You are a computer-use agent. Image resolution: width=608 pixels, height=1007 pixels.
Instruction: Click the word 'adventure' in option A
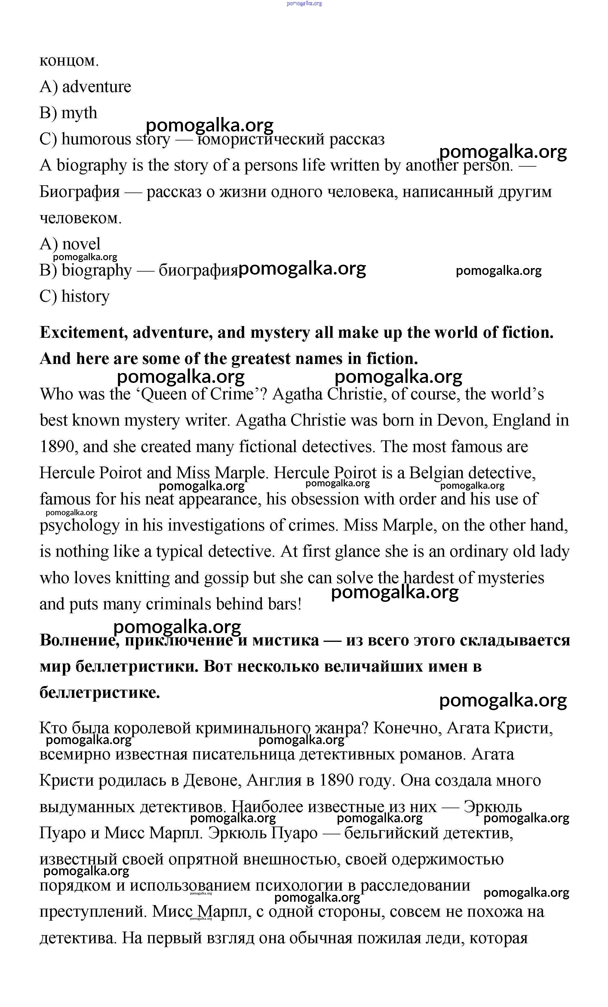click(97, 87)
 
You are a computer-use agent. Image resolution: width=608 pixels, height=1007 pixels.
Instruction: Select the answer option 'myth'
click(79, 113)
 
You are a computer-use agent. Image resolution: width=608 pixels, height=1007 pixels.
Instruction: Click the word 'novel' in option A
click(81, 244)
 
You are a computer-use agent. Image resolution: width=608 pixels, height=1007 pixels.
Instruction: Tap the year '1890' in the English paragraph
click(58, 447)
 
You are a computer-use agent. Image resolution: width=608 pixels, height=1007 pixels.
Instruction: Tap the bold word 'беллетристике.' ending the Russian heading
click(99, 693)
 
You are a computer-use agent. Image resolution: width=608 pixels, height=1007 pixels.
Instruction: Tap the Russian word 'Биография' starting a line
click(79, 192)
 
